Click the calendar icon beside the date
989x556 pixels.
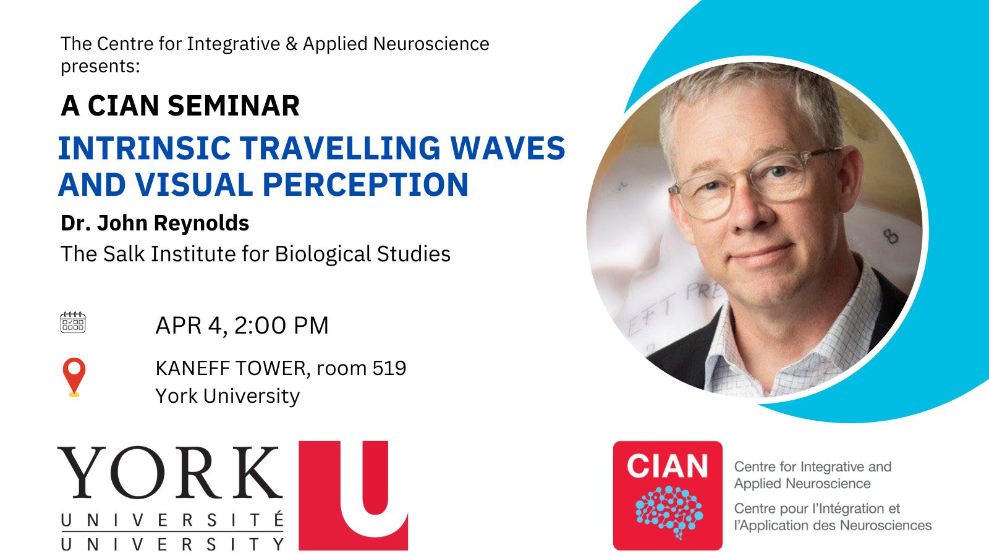point(73,322)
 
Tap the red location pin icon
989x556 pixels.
point(74,377)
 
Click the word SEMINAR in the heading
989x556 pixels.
point(234,106)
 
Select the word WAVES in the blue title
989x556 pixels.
point(507,148)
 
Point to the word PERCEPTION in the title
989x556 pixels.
point(365,185)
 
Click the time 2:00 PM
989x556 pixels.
point(281,326)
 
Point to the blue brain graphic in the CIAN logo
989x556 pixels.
point(668,512)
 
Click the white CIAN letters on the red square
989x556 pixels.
point(667,466)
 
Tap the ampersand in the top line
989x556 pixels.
point(291,44)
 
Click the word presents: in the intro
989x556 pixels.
point(100,67)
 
